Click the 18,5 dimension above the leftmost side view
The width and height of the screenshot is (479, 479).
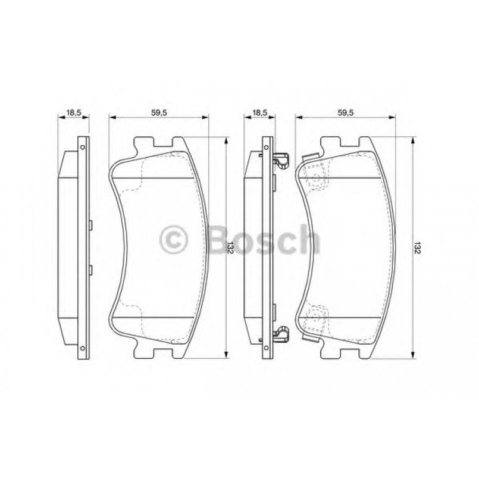73,111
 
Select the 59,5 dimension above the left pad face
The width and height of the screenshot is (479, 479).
159,111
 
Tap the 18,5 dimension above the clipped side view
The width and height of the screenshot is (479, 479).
259,111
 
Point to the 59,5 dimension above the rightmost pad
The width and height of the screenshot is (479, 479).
346,111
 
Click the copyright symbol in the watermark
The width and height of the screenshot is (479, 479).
174,241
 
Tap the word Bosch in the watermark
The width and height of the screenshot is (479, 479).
262,240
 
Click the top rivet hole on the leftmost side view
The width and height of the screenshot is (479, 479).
83,147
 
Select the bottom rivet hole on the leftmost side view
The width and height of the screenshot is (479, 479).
83,348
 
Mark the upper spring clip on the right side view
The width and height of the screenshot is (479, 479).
280,159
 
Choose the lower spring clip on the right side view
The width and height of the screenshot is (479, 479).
280,335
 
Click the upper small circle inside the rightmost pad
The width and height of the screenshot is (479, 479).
316,177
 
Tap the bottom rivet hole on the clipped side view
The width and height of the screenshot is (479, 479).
268,348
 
